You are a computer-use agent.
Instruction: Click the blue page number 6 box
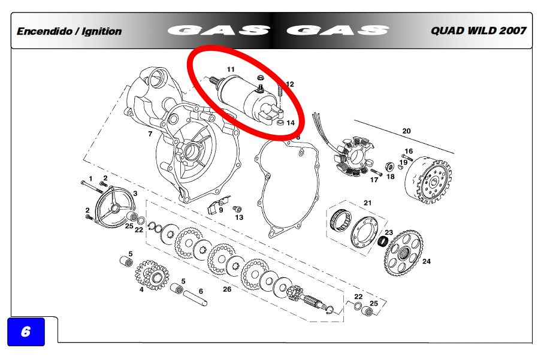[26, 332]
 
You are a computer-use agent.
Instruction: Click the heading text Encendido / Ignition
[69, 31]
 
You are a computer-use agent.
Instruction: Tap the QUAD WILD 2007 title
[479, 31]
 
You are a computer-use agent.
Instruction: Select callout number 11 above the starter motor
[231, 69]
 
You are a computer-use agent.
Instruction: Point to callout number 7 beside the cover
[150, 134]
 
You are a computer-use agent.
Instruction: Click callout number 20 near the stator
[406, 131]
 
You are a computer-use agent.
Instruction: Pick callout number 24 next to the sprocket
[427, 261]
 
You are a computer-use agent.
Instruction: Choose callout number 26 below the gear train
[227, 289]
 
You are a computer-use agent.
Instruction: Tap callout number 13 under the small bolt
[239, 217]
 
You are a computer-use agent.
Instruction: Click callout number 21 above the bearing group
[368, 203]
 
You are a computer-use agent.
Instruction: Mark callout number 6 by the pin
[201, 291]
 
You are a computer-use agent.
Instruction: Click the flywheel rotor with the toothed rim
[428, 180]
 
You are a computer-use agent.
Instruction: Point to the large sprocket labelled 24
[404, 253]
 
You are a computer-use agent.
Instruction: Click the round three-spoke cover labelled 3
[115, 208]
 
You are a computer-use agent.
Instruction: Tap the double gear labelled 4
[152, 275]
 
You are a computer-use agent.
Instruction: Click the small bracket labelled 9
[218, 205]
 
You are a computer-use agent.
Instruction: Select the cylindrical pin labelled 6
[195, 298]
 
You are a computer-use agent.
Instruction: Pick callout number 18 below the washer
[391, 177]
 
